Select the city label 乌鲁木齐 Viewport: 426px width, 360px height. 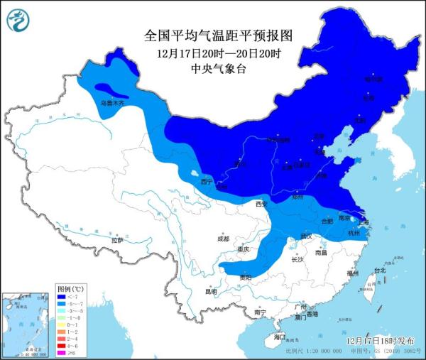click(111, 104)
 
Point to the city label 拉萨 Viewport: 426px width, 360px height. click(116, 241)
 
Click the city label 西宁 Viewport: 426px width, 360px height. click(207, 182)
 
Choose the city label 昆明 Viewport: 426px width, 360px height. click(211, 291)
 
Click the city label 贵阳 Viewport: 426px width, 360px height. click(245, 276)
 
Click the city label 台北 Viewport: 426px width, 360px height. click(379, 270)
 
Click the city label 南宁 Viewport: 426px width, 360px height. click(260, 312)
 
